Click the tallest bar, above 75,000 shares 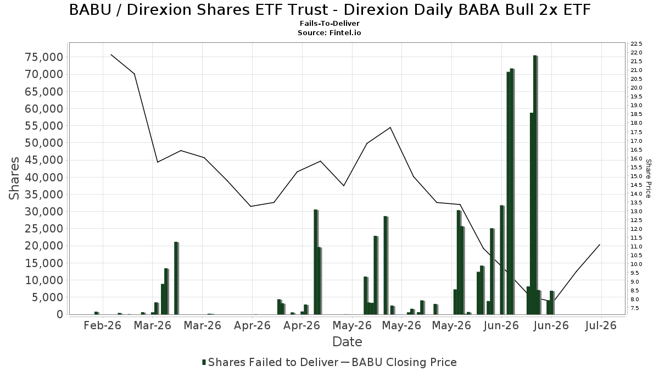tap(535, 185)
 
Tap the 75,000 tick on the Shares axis tap(44, 57)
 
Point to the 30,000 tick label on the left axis tap(44, 212)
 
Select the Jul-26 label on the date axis tap(601, 325)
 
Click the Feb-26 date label tap(102, 325)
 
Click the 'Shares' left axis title tap(14, 179)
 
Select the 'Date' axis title tap(347, 342)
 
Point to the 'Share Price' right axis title tap(648, 179)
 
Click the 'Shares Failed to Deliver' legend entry tap(270, 362)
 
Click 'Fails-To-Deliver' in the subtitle tap(329, 23)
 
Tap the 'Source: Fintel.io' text tap(329, 32)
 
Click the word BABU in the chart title tap(90, 10)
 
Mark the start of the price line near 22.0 tap(111, 54)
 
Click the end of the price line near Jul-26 tap(600, 245)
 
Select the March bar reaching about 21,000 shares tap(176, 278)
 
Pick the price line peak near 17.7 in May tap(390, 128)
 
